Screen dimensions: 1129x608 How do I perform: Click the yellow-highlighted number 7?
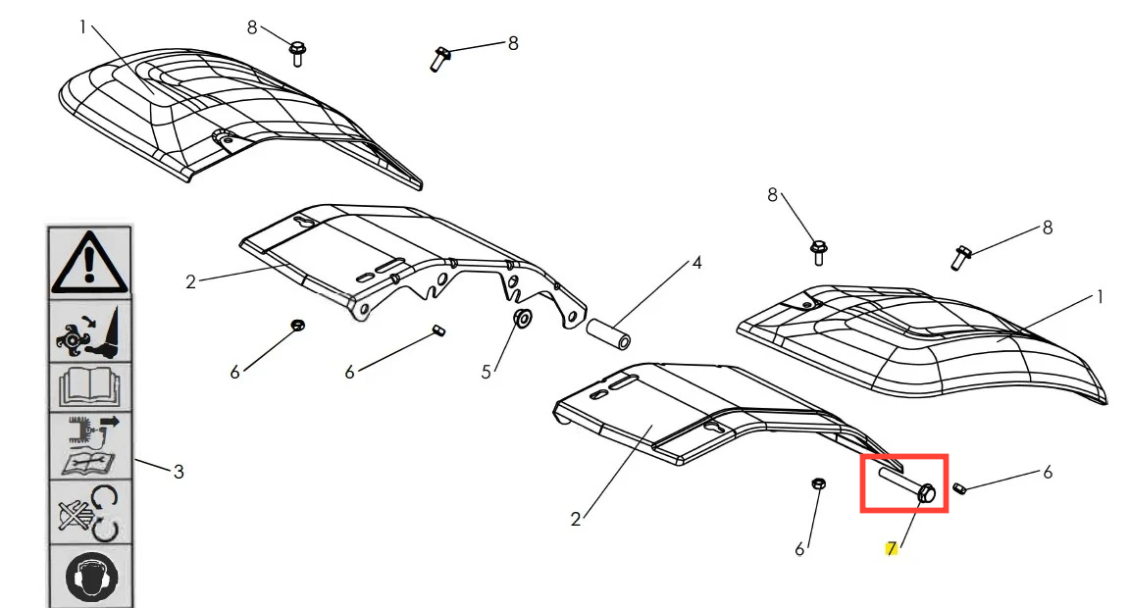tap(892, 549)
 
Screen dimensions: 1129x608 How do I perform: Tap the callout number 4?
tap(696, 264)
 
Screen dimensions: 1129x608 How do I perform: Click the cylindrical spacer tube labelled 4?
tap(608, 334)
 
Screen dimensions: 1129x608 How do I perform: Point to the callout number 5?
tap(486, 372)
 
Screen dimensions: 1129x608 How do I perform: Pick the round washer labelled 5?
tap(522, 318)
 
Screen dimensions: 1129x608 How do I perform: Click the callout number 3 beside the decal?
tap(178, 472)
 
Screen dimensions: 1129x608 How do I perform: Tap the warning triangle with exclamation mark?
tap(90, 261)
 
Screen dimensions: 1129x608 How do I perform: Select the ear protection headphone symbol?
tap(90, 577)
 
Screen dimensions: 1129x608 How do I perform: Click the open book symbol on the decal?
tap(89, 386)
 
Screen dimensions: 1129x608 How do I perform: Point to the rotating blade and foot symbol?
tap(88, 331)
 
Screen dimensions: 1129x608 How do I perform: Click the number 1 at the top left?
tap(82, 27)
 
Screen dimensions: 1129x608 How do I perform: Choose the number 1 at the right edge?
tap(1100, 296)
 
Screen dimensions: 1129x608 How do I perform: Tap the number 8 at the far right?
tap(1047, 228)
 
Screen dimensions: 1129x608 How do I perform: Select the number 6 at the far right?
tap(1047, 472)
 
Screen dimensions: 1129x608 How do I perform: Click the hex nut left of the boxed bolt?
tap(818, 483)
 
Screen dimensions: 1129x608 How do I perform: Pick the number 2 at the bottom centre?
tap(575, 520)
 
